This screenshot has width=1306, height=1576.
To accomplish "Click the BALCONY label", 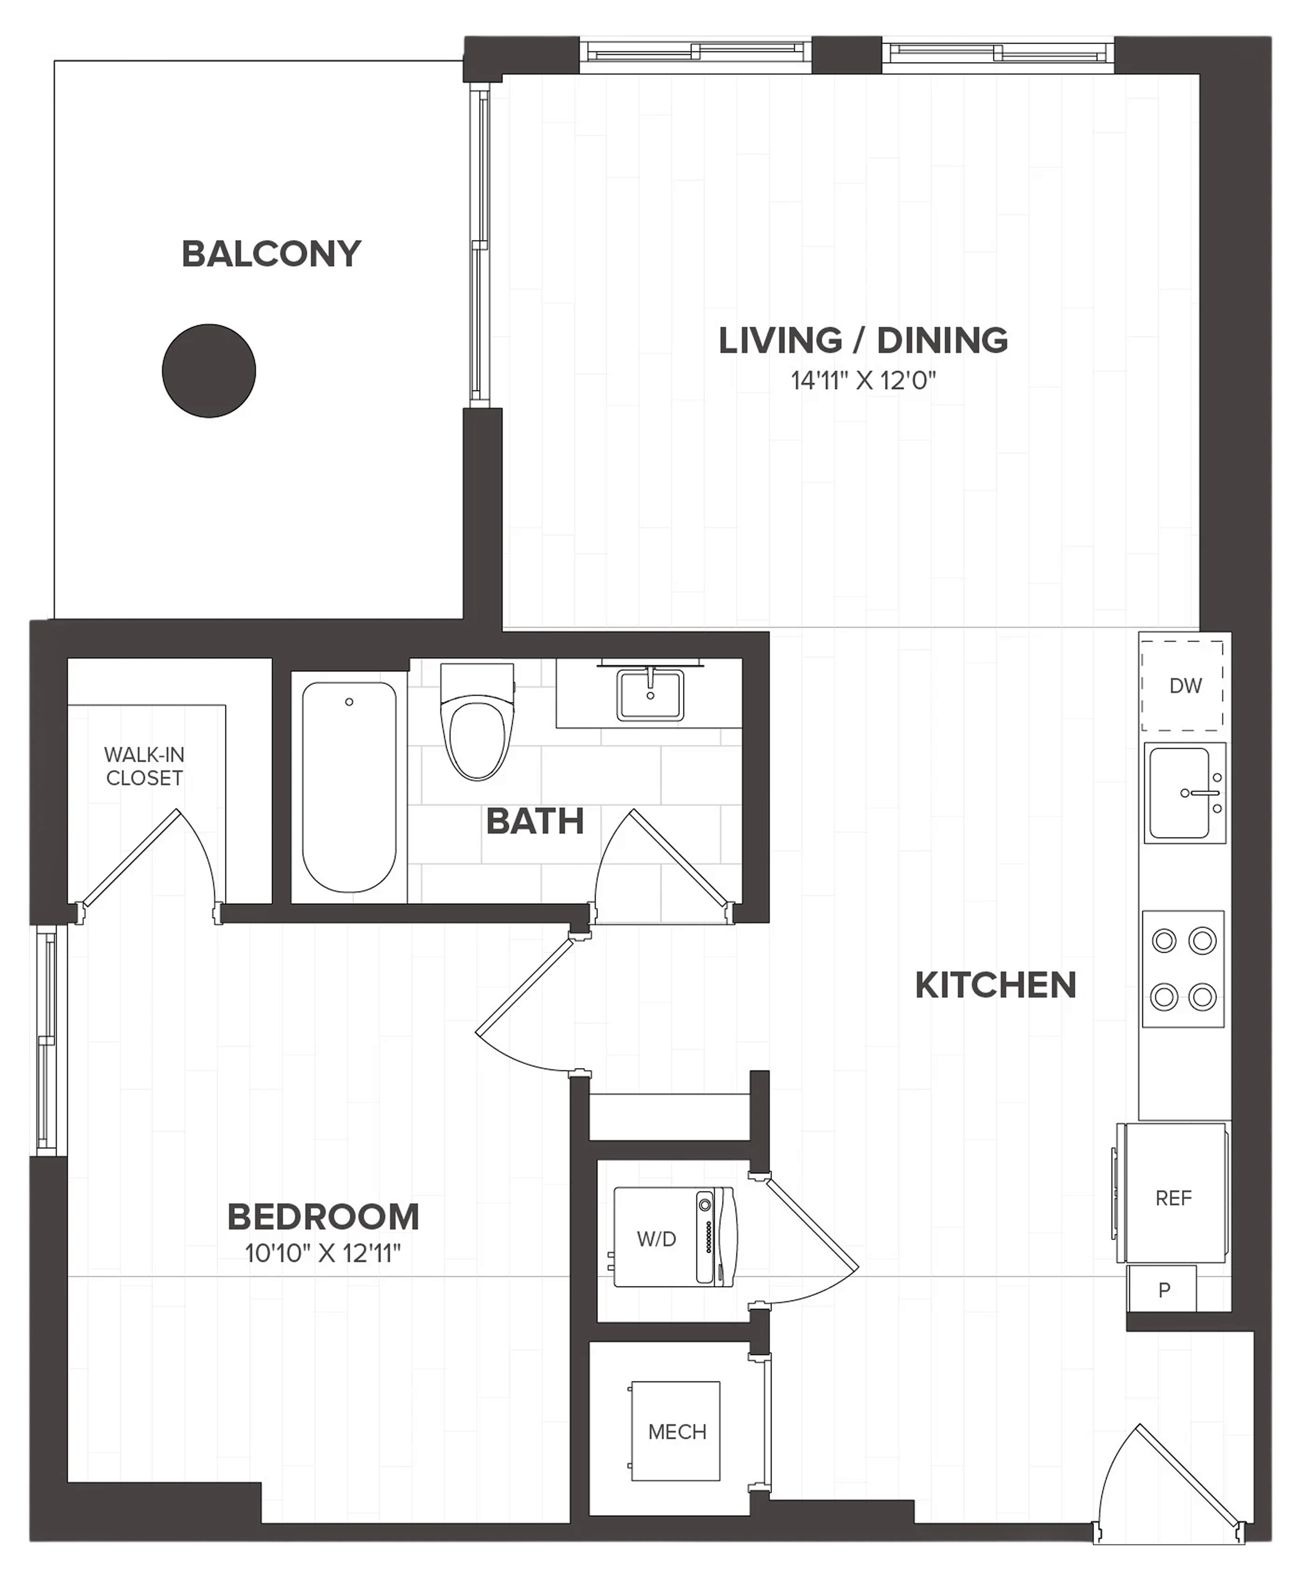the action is (x=271, y=254).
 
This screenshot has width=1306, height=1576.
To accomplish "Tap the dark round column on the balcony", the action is (x=209, y=371).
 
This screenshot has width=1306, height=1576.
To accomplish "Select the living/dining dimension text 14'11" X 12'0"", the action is (x=863, y=380).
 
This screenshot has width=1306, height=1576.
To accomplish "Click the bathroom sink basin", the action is (x=650, y=695).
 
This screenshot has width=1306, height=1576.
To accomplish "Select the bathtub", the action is (x=349, y=787).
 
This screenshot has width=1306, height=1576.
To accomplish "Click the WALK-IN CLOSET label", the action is (x=144, y=766).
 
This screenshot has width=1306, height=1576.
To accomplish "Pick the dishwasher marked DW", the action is (x=1183, y=685).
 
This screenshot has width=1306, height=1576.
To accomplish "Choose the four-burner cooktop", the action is (x=1183, y=969).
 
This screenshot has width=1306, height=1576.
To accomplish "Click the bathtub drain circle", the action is (x=349, y=702).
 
